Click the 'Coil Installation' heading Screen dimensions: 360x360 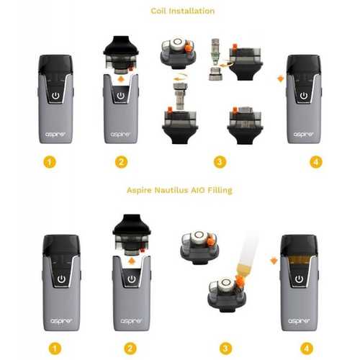pos(183,11)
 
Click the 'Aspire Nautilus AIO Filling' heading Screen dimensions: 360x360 pos(179,190)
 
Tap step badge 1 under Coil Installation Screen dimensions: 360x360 pos(50,162)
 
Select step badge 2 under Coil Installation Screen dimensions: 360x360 pos(121,162)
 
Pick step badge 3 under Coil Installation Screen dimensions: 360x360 pos(220,162)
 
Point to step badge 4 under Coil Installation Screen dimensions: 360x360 pos(316,162)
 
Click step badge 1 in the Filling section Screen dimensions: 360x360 pos(55,348)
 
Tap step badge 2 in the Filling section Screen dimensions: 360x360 pos(130,348)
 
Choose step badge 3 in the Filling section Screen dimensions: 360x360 pos(225,348)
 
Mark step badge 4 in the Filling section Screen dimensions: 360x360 pos(307,348)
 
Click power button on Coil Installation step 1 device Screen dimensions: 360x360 pos(55,96)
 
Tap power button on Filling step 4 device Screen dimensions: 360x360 pos(299,279)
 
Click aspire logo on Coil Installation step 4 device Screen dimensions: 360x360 pos(303,135)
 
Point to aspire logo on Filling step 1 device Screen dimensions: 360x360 pos(61,321)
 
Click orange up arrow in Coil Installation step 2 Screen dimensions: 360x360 pos(122,79)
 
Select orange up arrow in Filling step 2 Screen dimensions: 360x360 pos(131,261)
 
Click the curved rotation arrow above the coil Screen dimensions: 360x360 pos(181,78)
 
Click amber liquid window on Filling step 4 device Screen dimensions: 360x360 pos(299,261)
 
